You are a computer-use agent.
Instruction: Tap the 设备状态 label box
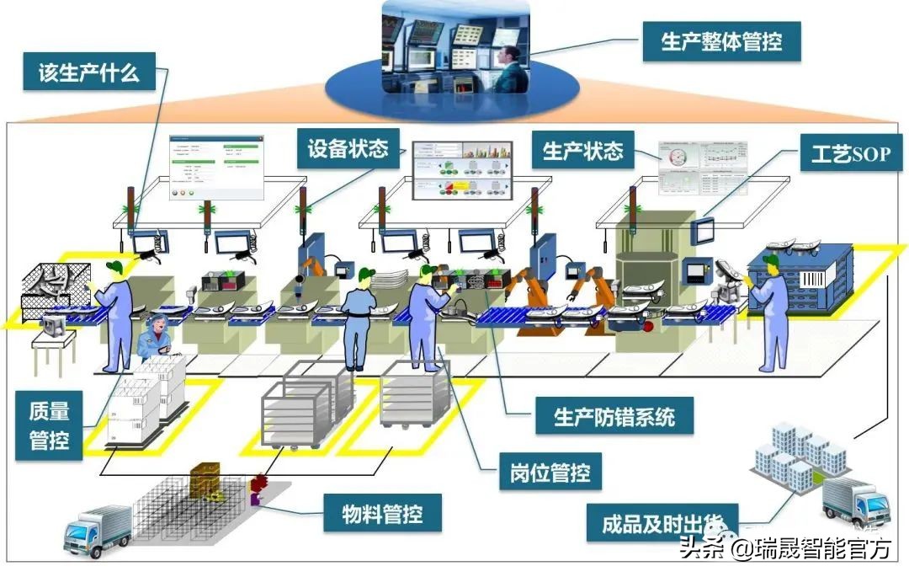click(x=348, y=150)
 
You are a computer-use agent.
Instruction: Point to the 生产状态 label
click(x=582, y=151)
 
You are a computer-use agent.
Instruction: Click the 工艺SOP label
click(x=849, y=153)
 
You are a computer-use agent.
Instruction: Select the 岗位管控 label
click(x=550, y=473)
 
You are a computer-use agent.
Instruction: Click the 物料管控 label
click(x=381, y=512)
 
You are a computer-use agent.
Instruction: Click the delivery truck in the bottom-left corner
click(x=97, y=531)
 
